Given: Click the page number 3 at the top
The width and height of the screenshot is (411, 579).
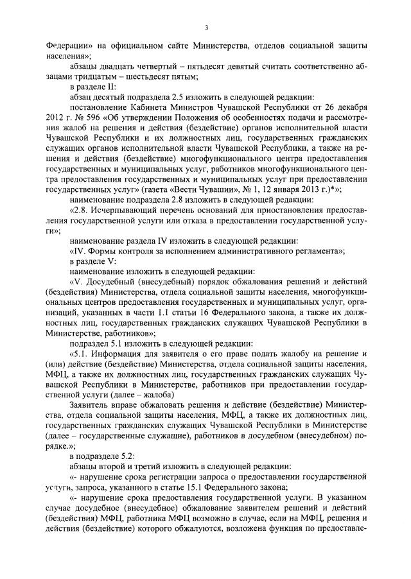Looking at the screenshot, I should click(x=206, y=27).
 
